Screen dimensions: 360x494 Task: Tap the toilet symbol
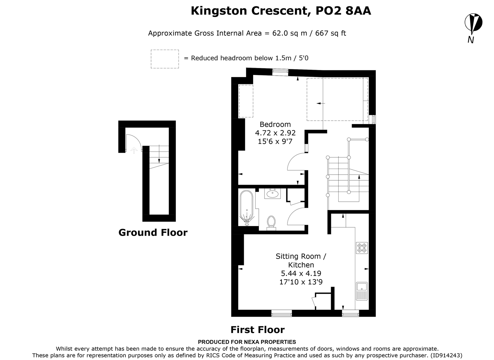271,223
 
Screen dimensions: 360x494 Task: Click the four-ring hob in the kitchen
362,248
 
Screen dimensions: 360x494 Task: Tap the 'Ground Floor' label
153,232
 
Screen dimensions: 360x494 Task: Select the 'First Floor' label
258,330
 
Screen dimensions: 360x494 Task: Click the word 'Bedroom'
275,124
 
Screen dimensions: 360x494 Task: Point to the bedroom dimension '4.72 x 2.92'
275,133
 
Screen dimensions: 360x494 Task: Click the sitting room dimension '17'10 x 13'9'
301,282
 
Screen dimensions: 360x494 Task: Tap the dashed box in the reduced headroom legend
165,59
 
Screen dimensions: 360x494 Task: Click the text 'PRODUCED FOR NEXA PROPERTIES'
247,342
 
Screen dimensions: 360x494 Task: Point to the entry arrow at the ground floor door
134,150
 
